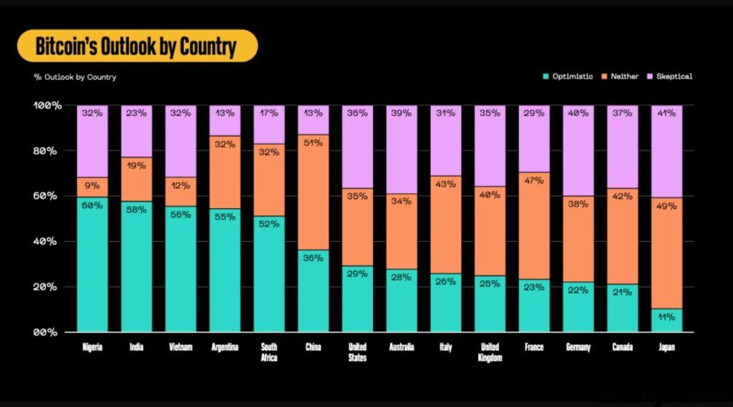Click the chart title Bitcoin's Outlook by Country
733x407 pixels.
coord(136,46)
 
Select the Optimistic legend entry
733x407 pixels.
coord(568,76)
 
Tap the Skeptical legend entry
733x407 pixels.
coord(669,76)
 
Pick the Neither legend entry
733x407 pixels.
coord(620,76)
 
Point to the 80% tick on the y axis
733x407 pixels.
coord(45,151)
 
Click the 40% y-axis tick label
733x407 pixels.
coord(45,242)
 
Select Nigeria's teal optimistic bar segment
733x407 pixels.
coord(92,265)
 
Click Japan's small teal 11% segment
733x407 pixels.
coord(666,320)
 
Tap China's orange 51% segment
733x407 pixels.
coord(314,192)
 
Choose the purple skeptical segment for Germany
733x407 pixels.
coord(578,150)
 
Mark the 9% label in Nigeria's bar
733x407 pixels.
coord(92,185)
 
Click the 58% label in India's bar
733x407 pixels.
coord(136,210)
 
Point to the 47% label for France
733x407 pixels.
coord(534,180)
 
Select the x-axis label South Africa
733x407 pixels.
coord(269,353)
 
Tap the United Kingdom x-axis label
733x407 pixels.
coord(490,353)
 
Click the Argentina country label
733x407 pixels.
coord(225,347)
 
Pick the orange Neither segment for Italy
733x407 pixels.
coord(445,225)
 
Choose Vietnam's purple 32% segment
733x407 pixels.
coord(180,141)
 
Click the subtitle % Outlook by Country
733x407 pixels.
coord(74,77)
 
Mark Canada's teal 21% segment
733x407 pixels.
coord(622,308)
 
